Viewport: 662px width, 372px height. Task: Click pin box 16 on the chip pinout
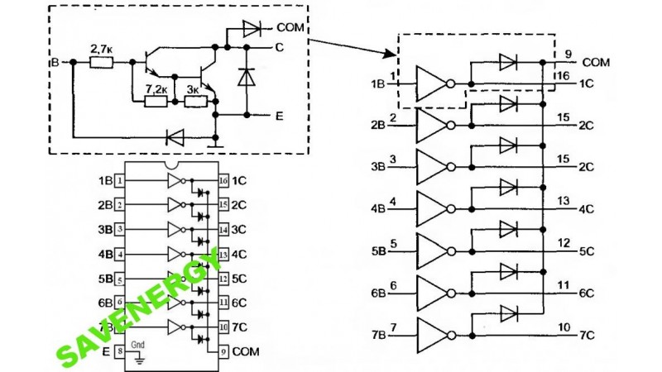coord(223,180)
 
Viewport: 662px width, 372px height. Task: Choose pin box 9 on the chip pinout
coord(223,351)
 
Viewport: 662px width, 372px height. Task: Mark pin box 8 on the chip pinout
coord(121,351)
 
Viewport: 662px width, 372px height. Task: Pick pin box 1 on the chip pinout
coord(121,180)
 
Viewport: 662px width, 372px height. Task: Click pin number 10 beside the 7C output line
coord(565,328)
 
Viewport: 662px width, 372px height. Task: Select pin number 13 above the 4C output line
coord(565,201)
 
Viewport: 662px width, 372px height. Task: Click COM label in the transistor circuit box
coord(293,28)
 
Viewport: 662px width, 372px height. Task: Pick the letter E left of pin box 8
coord(105,351)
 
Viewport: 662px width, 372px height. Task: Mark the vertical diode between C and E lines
coord(246,77)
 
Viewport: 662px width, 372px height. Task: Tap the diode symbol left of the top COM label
coord(252,29)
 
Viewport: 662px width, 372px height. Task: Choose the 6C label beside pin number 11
coord(586,293)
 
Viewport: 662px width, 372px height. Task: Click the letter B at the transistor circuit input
coord(55,62)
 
